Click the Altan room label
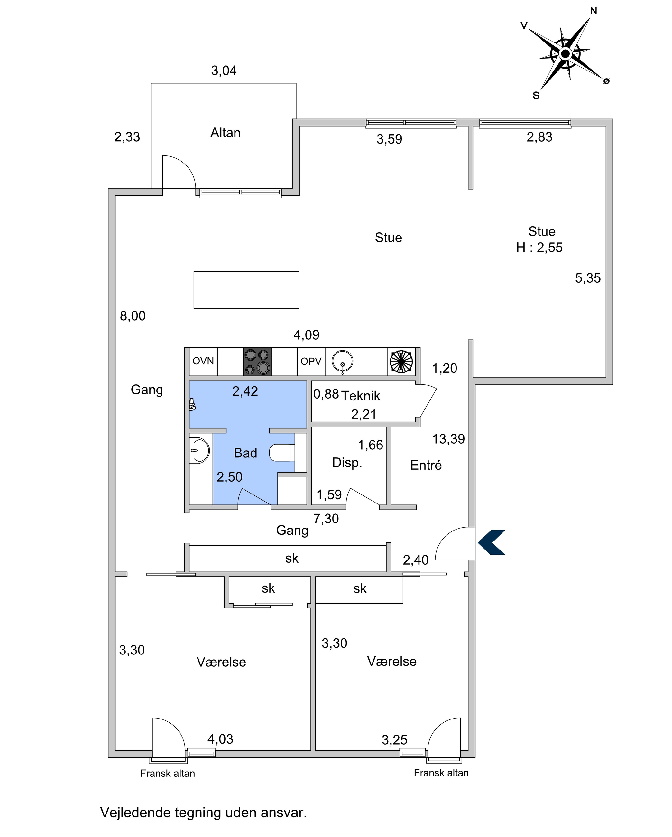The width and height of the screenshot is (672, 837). (x=226, y=133)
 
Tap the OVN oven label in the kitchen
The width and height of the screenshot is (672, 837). (x=203, y=361)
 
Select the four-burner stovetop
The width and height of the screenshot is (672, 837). (x=257, y=362)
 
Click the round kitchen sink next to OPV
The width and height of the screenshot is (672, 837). (x=342, y=362)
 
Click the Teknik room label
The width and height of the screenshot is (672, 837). (x=361, y=396)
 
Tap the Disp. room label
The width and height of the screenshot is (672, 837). (x=347, y=462)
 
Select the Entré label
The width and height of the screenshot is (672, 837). (x=426, y=465)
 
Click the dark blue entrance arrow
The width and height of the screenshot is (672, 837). (x=491, y=542)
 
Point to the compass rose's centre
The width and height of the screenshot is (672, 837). (x=565, y=53)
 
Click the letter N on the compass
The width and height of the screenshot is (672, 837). (x=594, y=11)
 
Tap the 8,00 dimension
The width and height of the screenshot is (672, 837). (x=133, y=316)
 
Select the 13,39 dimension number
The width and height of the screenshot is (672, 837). (x=448, y=439)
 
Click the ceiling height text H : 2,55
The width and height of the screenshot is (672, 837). (x=539, y=247)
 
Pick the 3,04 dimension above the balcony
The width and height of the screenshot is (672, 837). (x=224, y=71)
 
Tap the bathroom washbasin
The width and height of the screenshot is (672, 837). (x=199, y=450)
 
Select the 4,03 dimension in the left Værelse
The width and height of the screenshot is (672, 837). (x=220, y=739)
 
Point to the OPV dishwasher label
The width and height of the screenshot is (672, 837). (x=311, y=362)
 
